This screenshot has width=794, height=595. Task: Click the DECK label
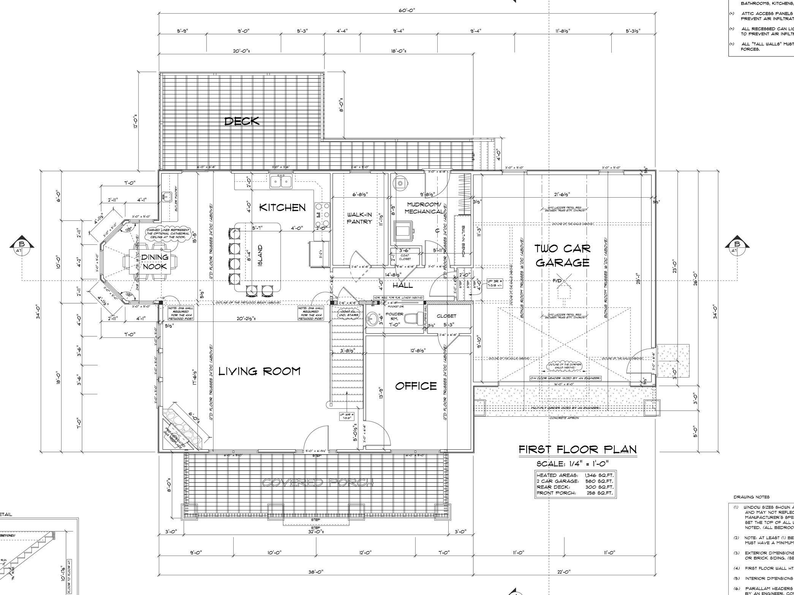(242, 121)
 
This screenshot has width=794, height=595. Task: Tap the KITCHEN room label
(282, 207)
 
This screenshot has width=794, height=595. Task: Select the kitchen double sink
(281, 182)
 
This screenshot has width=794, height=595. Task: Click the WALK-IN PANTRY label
(359, 218)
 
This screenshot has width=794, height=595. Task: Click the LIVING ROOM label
(259, 371)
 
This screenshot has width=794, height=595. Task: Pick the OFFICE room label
(416, 386)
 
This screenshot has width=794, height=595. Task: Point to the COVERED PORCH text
(318, 483)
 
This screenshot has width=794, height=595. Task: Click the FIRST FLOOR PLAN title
(577, 449)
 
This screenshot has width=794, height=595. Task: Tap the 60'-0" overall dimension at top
(406, 10)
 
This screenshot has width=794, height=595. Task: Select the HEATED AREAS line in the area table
(575, 475)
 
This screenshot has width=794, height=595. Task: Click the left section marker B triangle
(22, 246)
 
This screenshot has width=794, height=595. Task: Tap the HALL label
(403, 285)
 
